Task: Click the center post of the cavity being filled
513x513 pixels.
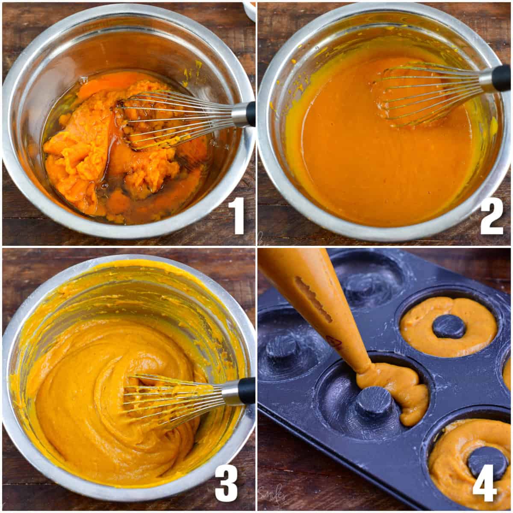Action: [x=374, y=402]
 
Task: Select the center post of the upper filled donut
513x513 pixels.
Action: [x=449, y=326]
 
